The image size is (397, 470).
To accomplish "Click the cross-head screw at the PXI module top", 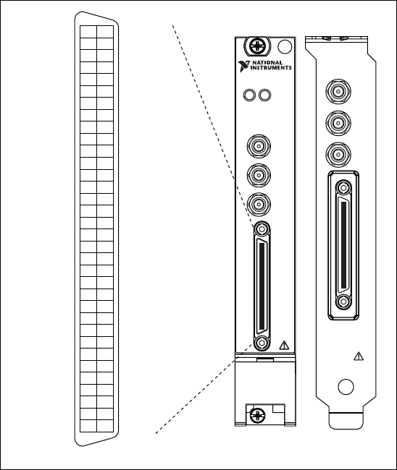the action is [257, 46].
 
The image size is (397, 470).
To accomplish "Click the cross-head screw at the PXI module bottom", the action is [257, 416].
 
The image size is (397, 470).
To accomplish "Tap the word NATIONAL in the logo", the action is [267, 63].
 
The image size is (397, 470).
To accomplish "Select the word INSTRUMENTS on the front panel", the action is [271, 68].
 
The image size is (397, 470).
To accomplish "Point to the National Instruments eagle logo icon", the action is [244, 66].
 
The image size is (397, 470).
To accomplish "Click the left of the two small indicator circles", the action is [249, 95].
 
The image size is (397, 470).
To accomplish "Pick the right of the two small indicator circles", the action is [264, 95].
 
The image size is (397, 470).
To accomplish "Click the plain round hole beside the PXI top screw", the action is [285, 46].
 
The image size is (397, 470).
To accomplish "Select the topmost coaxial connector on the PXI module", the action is [259, 146].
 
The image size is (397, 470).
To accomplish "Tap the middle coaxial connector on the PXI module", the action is [259, 175].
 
